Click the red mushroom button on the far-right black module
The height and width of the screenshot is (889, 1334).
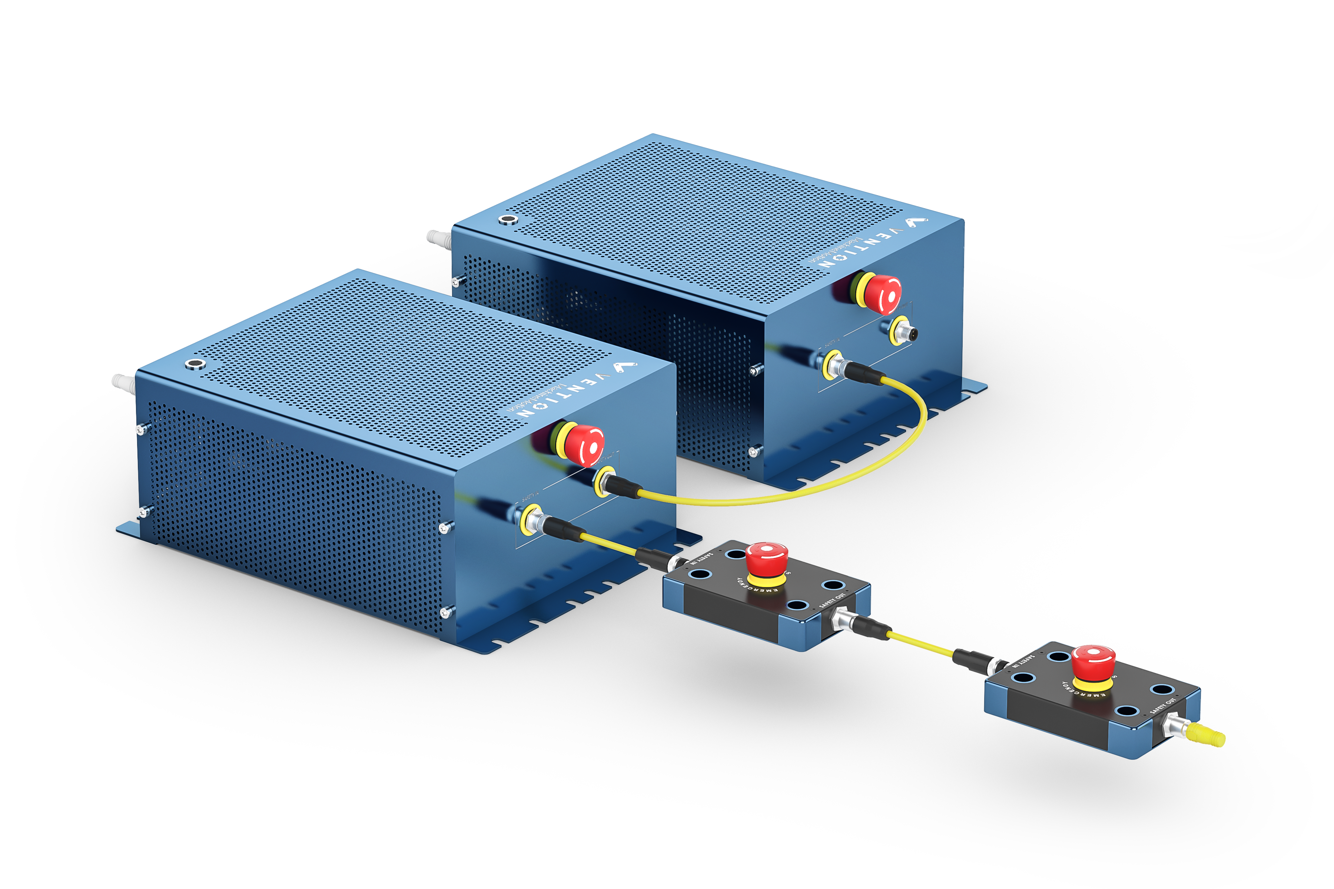1094,661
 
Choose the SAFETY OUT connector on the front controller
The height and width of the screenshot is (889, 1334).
605,481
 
